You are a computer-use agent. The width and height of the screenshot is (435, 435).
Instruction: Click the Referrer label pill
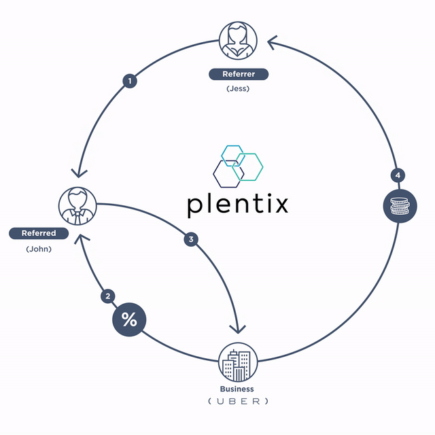[x=239, y=74]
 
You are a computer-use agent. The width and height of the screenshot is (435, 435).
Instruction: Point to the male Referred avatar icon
[x=77, y=206]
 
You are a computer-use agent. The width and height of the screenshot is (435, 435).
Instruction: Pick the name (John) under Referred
[x=39, y=249]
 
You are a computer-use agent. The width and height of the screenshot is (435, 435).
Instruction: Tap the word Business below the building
[x=237, y=389]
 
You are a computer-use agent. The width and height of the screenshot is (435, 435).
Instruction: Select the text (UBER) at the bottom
[x=238, y=401]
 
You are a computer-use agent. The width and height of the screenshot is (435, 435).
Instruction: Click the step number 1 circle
[x=129, y=81]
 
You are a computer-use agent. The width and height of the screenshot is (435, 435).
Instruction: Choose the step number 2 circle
[x=107, y=296]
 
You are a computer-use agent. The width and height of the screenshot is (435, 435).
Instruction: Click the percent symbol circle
[x=129, y=319]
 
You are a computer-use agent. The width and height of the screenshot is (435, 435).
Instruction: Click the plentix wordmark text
[x=237, y=204]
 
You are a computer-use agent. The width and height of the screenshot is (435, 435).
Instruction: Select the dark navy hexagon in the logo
[x=228, y=173]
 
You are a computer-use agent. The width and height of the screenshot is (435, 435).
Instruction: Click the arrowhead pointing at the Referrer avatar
[x=272, y=43]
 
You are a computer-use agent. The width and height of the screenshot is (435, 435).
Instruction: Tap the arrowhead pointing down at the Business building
[x=239, y=328]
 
